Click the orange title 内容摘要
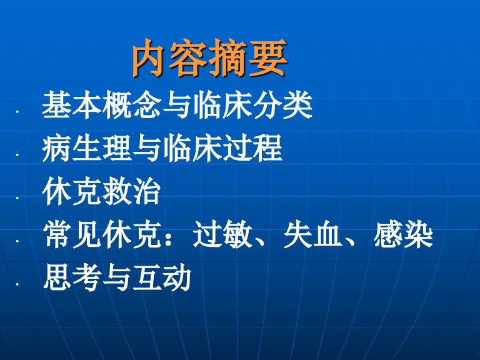point(210,58)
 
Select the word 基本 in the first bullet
point(72,105)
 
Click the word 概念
point(132,105)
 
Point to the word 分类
point(282,105)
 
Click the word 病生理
point(87,149)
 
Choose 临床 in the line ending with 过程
point(192,149)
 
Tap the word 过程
point(252,149)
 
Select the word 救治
point(132,192)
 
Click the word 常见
point(72,235)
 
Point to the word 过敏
point(222,235)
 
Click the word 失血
point(312,235)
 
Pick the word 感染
point(403,235)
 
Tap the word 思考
point(72,277)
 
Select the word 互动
point(162,277)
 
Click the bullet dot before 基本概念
point(17,112)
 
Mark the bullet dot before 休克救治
point(17,198)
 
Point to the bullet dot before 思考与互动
point(17,285)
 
